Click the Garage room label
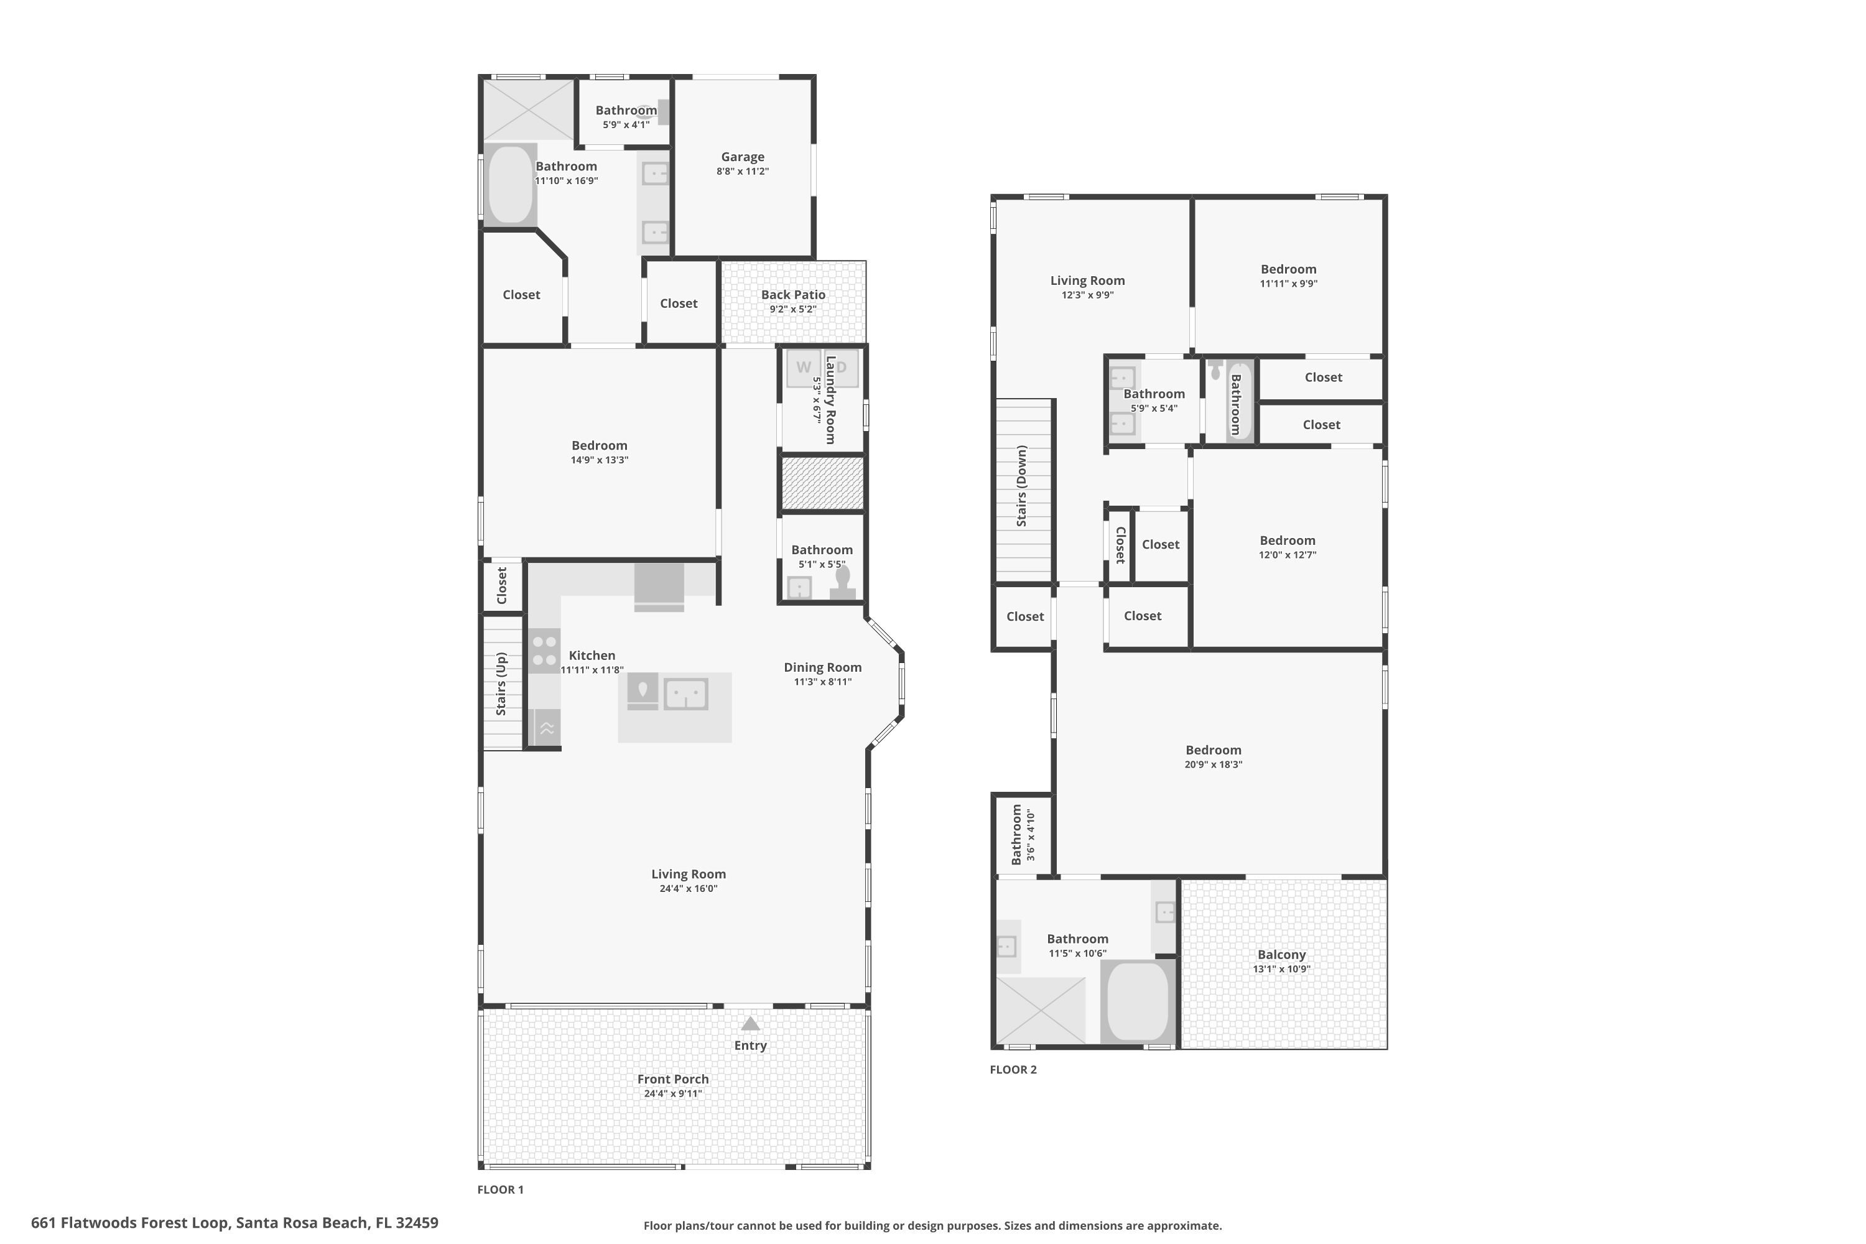click(x=743, y=157)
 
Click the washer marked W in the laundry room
click(x=804, y=368)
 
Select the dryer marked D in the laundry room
click(x=842, y=368)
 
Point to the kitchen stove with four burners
click(x=544, y=651)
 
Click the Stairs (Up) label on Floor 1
click(x=501, y=683)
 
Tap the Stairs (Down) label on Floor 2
click(x=1022, y=486)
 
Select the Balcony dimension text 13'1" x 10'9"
click(x=1281, y=968)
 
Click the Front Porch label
click(x=673, y=1079)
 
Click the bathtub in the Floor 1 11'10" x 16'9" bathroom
click(x=510, y=184)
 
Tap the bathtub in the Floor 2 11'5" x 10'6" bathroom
click(x=1138, y=1002)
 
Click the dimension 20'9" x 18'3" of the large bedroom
click(x=1213, y=764)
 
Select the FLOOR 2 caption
click(x=1013, y=1069)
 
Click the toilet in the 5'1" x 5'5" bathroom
click(x=843, y=583)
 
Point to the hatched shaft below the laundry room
click(x=822, y=483)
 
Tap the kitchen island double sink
click(x=685, y=694)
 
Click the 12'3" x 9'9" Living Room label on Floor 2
click(x=1087, y=280)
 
